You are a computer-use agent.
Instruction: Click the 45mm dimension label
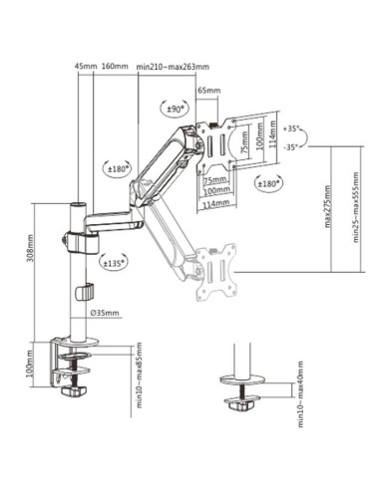[86, 67]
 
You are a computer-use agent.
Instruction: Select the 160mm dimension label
[116, 67]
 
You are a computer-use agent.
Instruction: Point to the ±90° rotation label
[175, 108]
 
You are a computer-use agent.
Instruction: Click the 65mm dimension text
[208, 91]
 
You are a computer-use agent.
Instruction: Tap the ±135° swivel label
[116, 263]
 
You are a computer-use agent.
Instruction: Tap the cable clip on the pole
[85, 294]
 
